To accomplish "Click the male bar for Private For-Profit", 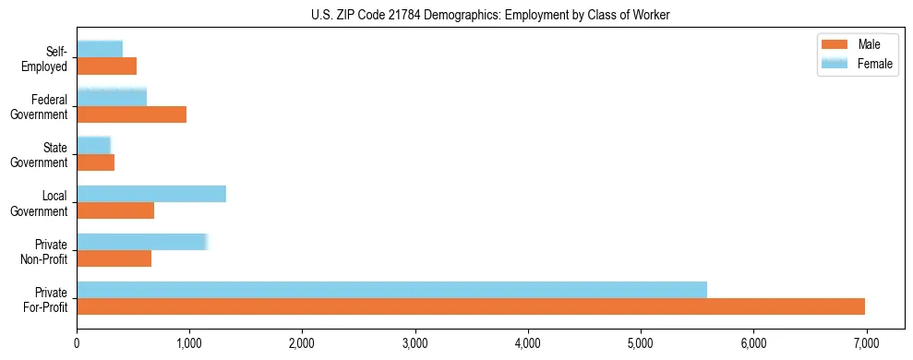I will (471, 306).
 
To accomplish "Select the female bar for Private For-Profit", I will (391, 290).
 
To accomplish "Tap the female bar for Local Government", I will (151, 194).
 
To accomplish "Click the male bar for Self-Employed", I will (106, 66).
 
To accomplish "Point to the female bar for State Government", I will (93, 145).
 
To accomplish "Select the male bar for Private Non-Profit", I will (114, 258).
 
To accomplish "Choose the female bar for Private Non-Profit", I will (142, 242).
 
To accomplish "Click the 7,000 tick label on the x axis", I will (866, 343).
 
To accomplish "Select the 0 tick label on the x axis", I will (78, 343).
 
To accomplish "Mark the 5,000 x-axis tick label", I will (641, 343).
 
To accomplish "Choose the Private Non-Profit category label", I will (45, 251).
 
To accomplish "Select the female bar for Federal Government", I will (112, 97).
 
